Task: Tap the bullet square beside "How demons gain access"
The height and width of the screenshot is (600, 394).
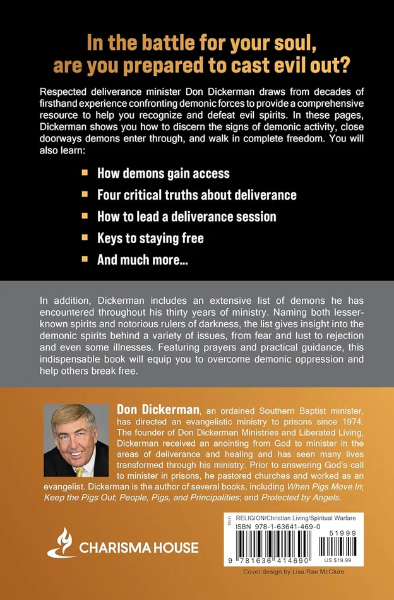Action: click(x=86, y=172)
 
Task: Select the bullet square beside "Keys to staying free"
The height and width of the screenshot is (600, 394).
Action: click(x=86, y=238)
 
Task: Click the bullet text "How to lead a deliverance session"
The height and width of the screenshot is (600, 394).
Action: click(x=186, y=216)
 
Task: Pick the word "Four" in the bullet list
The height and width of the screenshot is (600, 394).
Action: click(x=110, y=195)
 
